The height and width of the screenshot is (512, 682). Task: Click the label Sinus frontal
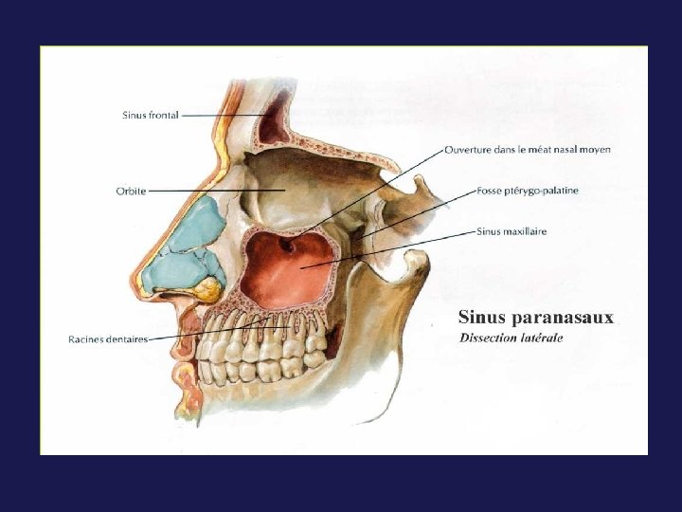point(151,116)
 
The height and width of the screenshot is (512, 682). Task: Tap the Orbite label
point(131,191)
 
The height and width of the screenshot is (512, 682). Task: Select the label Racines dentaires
point(108,338)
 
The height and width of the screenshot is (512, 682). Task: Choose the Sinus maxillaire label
point(511,230)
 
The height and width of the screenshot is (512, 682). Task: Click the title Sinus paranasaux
point(536,317)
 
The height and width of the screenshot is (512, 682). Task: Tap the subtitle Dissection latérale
point(511,338)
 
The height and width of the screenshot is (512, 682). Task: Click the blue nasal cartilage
point(199,232)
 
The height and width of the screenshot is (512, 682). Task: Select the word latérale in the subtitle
point(541,338)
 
